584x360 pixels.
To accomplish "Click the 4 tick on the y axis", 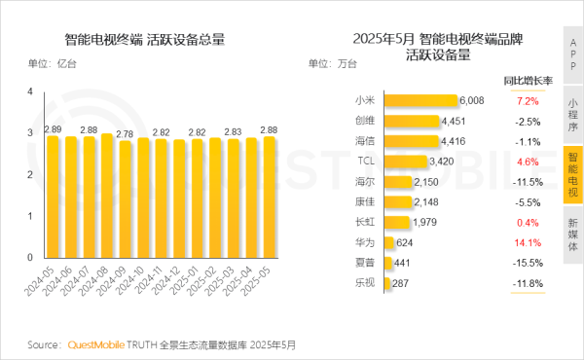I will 31,91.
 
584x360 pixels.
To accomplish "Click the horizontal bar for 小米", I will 420,100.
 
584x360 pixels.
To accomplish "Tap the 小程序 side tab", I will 573,113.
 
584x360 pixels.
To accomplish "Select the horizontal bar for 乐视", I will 387,284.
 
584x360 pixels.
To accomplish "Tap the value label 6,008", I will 472,100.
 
